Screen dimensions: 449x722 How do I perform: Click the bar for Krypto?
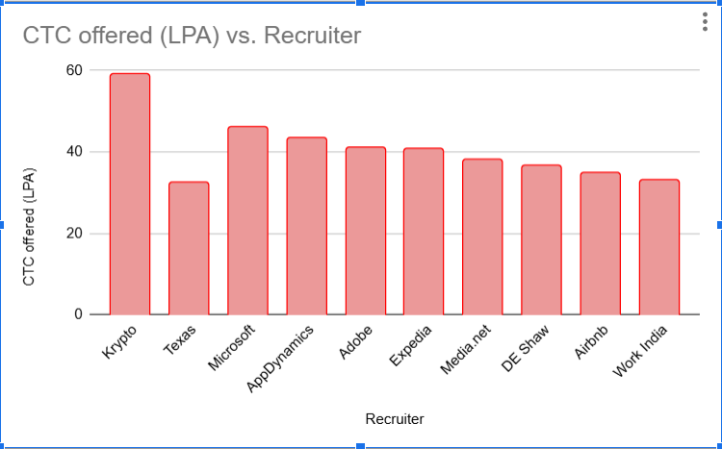coord(129,194)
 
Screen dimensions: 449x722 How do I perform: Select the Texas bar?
coord(189,248)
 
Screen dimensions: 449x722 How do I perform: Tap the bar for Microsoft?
coord(247,220)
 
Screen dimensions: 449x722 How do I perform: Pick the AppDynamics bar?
coord(306,226)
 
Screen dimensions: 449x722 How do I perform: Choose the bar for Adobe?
coord(365,231)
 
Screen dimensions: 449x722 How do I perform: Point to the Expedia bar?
coord(424,232)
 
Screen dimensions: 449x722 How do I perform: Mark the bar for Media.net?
coord(482,237)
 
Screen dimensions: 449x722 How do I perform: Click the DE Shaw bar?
coord(541,239)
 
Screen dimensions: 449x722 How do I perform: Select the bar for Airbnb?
coord(600,243)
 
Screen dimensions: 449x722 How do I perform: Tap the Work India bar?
coord(659,247)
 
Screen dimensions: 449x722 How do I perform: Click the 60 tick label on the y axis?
coord(74,70)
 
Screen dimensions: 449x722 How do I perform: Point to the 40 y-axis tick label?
coord(74,152)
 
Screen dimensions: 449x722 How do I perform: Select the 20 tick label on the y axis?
coord(74,234)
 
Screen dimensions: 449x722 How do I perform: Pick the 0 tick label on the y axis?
coord(78,314)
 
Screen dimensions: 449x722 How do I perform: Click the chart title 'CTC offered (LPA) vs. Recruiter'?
coord(193,36)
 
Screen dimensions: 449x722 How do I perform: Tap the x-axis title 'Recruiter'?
coord(395,419)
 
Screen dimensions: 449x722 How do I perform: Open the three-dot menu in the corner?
coord(706,23)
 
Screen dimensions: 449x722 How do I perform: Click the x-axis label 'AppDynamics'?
coord(282,357)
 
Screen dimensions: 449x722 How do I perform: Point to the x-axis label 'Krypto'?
coord(120,342)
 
